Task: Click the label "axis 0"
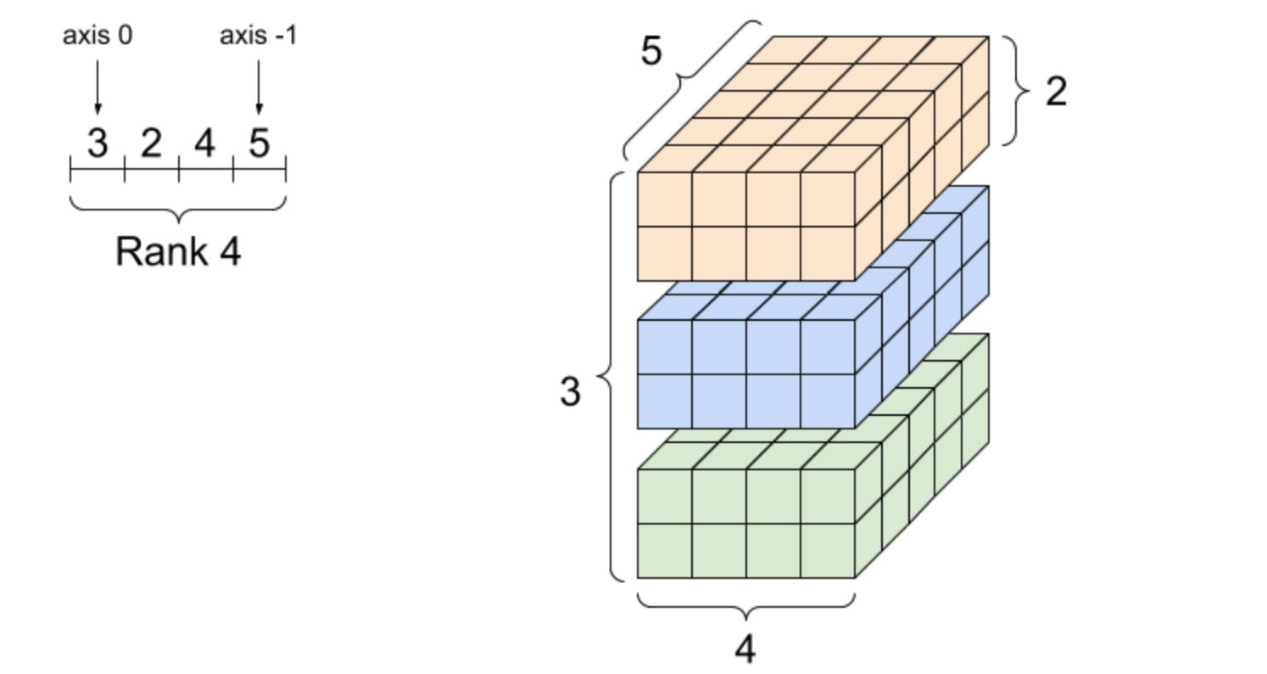point(98,36)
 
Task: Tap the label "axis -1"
point(258,36)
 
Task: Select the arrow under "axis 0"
point(98,87)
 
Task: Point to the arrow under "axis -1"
point(259,87)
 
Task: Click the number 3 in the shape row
point(98,143)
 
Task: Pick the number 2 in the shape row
point(151,143)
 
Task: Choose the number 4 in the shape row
point(204,143)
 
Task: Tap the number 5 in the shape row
point(259,143)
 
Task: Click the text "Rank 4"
point(178,251)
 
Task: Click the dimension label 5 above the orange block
point(651,51)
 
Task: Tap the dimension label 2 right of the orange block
point(1057,91)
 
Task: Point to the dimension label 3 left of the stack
point(570,391)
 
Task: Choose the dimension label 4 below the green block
point(745,649)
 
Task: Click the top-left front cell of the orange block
point(665,199)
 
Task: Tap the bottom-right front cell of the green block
point(828,551)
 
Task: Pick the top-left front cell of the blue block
point(665,347)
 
